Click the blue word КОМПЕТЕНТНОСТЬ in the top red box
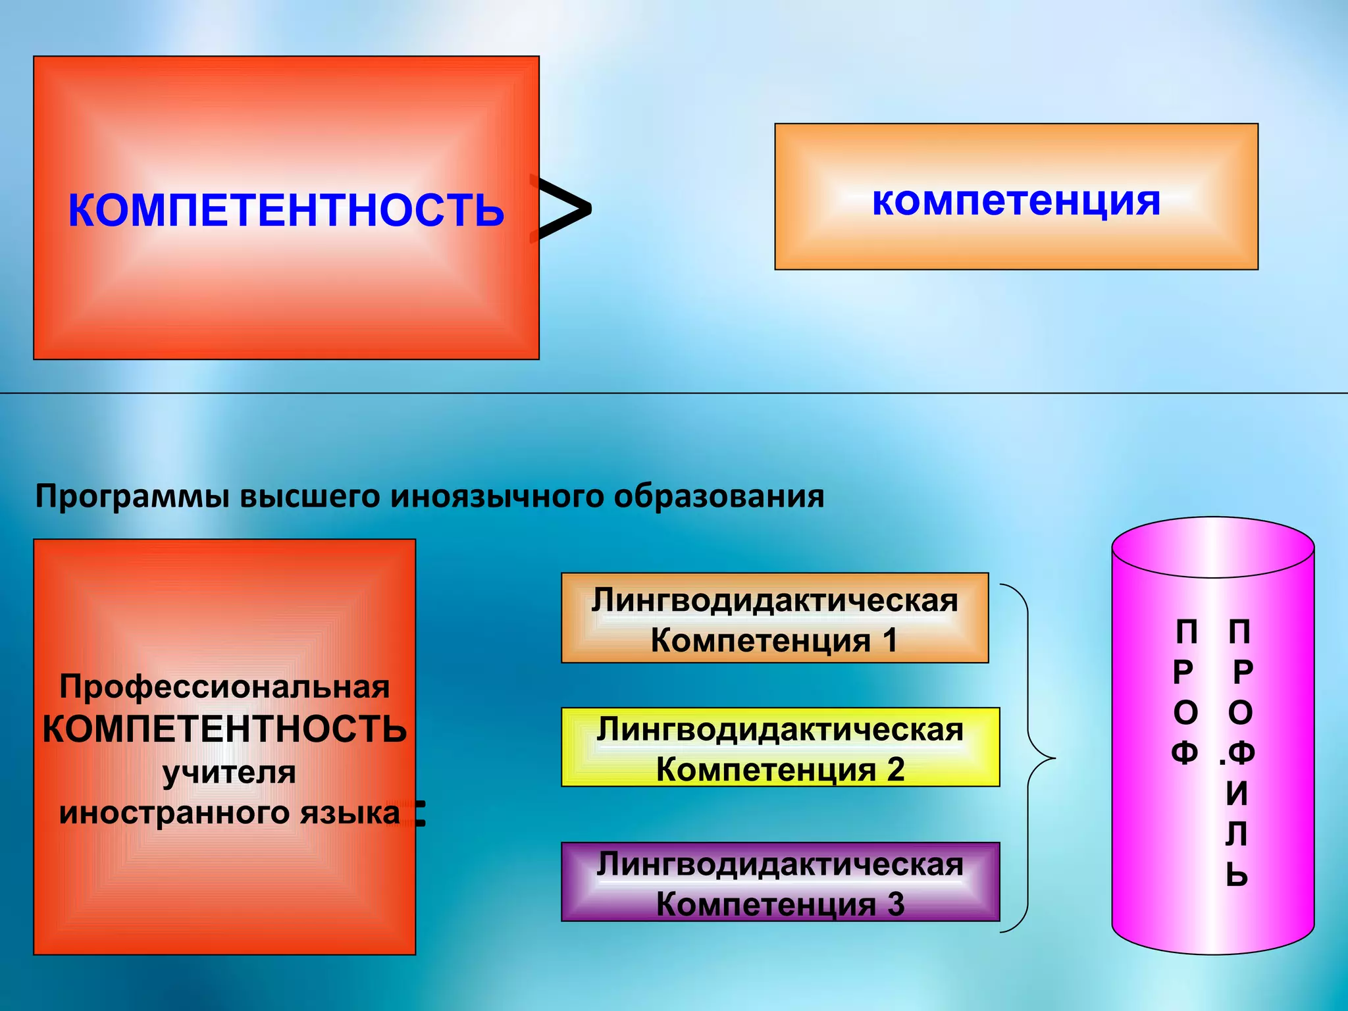coord(286,211)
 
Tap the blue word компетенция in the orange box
coord(1016,201)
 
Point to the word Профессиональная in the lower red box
coord(224,687)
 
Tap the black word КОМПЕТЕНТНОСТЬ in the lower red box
coord(224,729)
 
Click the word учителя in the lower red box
coord(229,771)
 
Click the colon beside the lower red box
coord(419,814)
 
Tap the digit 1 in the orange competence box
coord(890,640)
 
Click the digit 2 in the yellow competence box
coord(895,769)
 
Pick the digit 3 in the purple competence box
coord(895,904)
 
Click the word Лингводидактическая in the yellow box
coord(780,730)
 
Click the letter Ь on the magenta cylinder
coord(1237,875)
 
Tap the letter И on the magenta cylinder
coord(1237,794)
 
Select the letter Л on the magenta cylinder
coord(1237,835)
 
